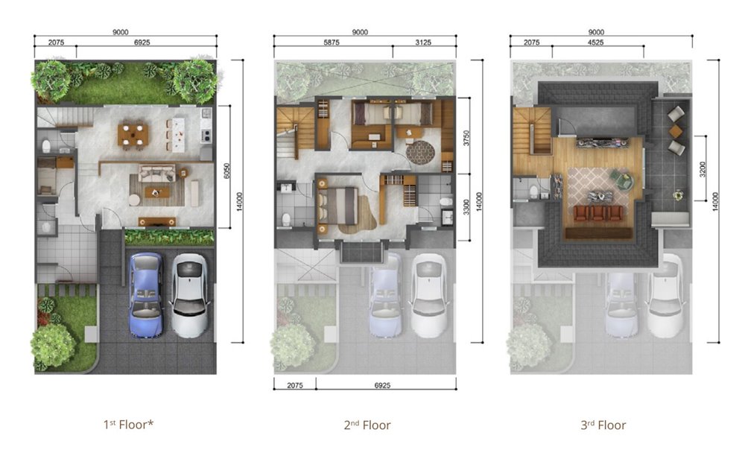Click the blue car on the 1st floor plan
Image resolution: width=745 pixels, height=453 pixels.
click(146, 295)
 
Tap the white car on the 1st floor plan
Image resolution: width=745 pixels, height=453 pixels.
click(189, 295)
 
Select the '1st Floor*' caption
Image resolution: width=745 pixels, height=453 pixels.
click(128, 425)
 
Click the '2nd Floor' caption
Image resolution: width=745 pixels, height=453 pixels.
click(367, 425)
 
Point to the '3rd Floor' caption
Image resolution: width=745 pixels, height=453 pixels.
click(603, 425)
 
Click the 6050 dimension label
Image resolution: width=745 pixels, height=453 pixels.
click(226, 171)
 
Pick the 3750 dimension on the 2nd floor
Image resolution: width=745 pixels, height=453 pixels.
click(466, 138)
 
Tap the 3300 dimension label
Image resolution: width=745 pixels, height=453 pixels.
click(466, 207)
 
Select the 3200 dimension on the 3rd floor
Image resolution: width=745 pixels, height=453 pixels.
click(703, 169)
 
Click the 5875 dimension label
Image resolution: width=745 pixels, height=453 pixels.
click(332, 42)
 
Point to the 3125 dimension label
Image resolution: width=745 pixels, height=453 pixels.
click(423, 42)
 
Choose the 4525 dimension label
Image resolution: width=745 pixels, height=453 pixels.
click(595, 42)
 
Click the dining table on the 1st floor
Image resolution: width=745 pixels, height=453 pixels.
click(133, 135)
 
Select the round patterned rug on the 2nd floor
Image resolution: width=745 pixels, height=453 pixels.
click(420, 152)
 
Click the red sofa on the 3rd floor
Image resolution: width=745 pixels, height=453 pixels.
click(597, 213)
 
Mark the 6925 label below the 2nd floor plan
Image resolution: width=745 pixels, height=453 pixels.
click(382, 385)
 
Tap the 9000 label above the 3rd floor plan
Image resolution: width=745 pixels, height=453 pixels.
click(596, 32)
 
